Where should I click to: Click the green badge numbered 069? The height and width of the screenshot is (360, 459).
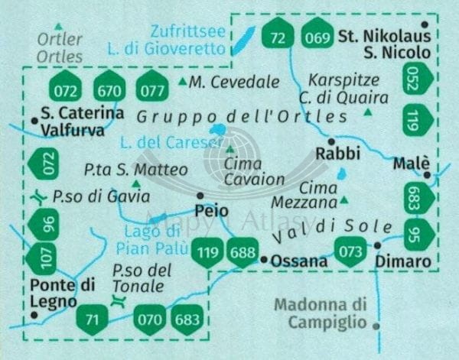coord(315,34)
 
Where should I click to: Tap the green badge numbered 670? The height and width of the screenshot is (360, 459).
coord(110,90)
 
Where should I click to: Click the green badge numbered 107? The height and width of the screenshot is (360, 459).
coord(43,258)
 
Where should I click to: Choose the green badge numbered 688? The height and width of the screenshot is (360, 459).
coord(242,253)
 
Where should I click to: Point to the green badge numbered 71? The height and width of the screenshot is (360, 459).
coord(93,318)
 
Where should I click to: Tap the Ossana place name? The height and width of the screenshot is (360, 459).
coord(299,261)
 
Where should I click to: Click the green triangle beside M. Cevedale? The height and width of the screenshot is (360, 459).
coord(182,81)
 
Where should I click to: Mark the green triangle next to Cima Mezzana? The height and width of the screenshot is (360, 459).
coord(344,201)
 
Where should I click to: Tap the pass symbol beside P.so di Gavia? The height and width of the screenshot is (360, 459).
coord(40,197)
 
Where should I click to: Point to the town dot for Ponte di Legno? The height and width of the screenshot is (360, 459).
coord(34,314)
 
